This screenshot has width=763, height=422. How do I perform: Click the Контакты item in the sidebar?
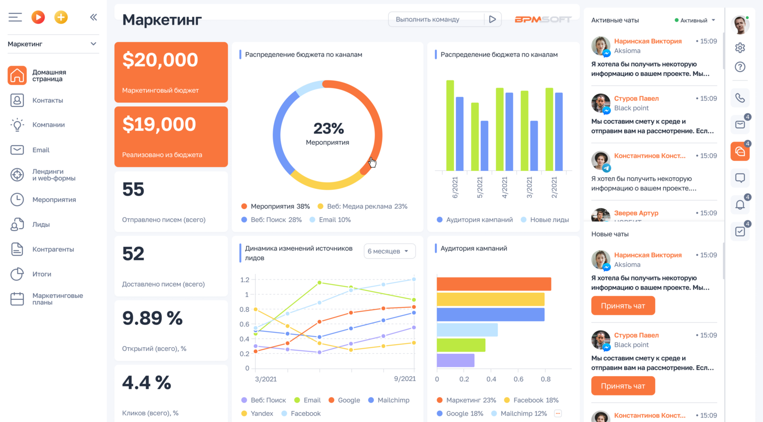[x=47, y=100]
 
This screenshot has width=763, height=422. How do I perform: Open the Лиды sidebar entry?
[x=41, y=224]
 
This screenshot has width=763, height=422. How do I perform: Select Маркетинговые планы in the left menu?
[x=57, y=299]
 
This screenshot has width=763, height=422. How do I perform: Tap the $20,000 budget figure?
[x=160, y=60]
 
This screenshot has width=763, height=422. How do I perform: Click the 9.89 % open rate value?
[x=152, y=319]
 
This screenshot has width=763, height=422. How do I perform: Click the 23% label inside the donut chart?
[x=328, y=128]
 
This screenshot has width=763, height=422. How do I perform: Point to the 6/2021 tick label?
[x=455, y=187]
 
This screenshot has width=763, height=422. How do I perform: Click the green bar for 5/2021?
[x=475, y=136]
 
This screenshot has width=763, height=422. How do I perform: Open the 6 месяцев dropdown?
[x=389, y=251]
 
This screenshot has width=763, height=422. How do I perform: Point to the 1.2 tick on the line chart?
[x=245, y=280]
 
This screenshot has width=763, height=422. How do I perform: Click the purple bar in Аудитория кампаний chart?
[x=455, y=360]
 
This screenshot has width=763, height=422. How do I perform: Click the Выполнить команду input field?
[x=435, y=19]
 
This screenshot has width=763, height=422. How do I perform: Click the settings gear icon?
[x=740, y=48]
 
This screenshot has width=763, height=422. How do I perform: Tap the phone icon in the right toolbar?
[x=740, y=98]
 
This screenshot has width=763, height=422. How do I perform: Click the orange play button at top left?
[x=38, y=17]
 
